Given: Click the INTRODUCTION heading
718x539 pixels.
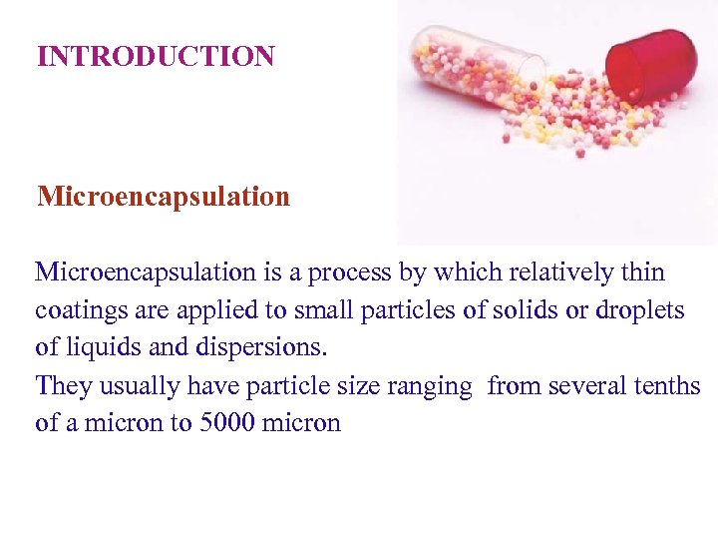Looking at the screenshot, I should tap(156, 56).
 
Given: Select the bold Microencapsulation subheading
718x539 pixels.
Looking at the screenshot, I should tap(164, 196).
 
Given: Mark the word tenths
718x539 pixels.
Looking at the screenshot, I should tap(671, 385).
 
